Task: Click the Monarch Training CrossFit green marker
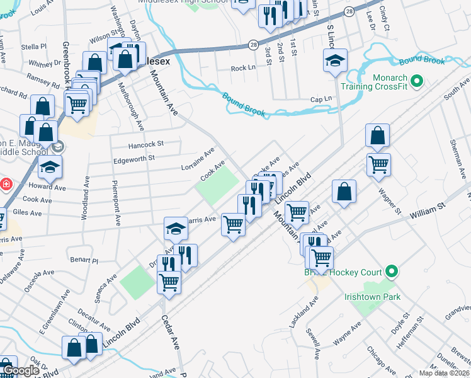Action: (416, 81)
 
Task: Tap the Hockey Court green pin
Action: (392, 272)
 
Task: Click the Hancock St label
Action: (145, 144)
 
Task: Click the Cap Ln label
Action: (321, 100)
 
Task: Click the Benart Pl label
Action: (84, 260)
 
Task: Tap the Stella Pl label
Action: (34, 47)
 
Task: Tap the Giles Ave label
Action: (28, 214)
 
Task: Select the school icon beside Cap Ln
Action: (336, 62)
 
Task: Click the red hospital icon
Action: (6, 185)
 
